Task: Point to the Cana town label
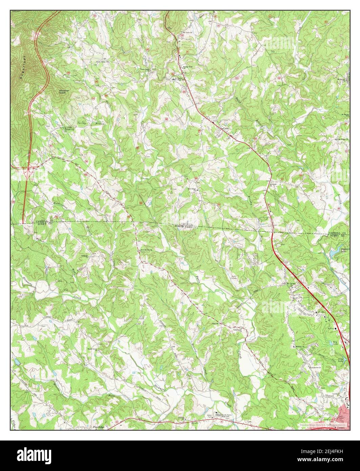pyautogui.click(x=225, y=129)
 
